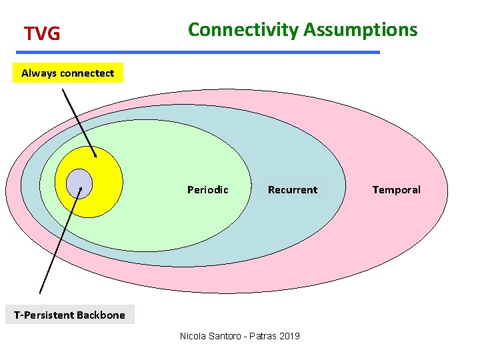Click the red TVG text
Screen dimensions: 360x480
point(42,33)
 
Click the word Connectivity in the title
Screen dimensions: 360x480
point(243,30)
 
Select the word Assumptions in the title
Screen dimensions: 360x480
point(361,30)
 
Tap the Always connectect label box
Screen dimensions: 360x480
point(68,73)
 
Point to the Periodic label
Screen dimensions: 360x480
point(207,190)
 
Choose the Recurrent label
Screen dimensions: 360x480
point(292,190)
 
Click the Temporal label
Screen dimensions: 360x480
point(396,190)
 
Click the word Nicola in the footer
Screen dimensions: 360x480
point(193,335)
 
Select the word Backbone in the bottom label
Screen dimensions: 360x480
point(101,315)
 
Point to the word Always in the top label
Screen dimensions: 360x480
point(39,73)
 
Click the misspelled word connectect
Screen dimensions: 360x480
point(87,73)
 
